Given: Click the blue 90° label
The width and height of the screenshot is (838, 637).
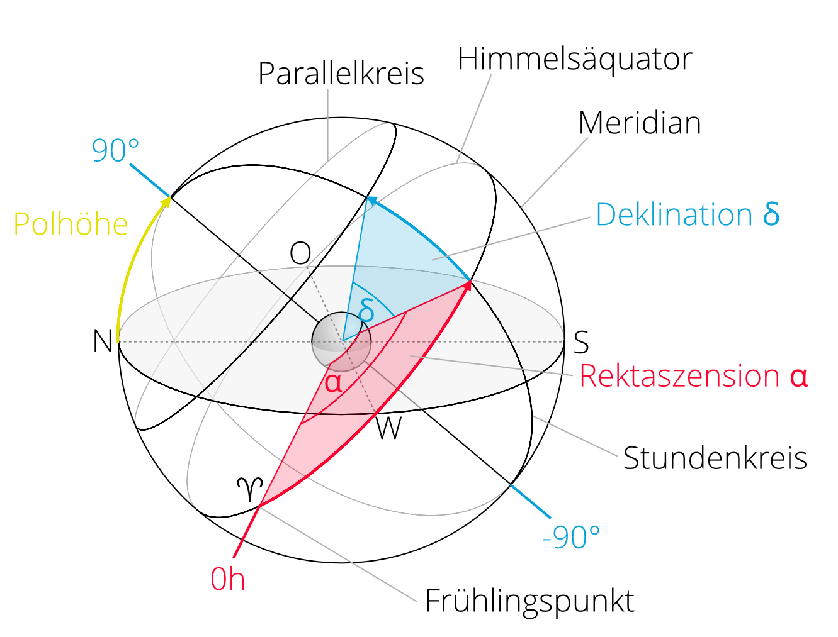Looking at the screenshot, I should (115, 151).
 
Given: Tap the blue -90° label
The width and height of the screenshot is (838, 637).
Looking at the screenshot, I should (571, 537).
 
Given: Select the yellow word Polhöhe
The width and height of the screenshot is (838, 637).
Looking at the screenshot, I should (71, 224).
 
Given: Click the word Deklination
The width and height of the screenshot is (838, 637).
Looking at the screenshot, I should (674, 214).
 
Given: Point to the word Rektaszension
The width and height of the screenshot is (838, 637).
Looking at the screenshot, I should (679, 376).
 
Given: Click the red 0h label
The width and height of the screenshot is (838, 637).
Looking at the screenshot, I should (227, 579).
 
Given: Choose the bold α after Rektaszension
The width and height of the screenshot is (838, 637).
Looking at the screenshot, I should (798, 376).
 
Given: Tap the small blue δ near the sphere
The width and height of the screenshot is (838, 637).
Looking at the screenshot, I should (366, 311).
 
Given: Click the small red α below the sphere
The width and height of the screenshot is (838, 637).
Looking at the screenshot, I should (333, 382).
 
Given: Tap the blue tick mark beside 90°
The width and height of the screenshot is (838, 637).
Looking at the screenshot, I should (149, 180).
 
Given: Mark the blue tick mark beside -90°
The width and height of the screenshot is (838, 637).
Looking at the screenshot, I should (530, 501).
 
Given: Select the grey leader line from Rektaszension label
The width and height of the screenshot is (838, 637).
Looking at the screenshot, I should (491, 365).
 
